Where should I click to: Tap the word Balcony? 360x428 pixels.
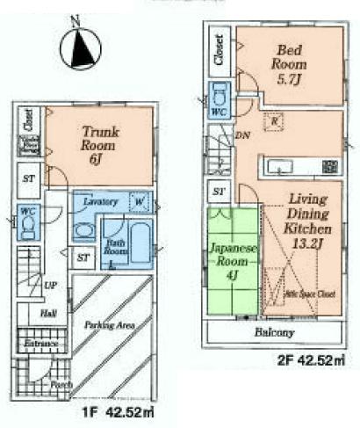(276, 333)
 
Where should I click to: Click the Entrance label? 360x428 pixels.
(40, 343)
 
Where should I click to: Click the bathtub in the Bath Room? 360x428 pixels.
(139, 238)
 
